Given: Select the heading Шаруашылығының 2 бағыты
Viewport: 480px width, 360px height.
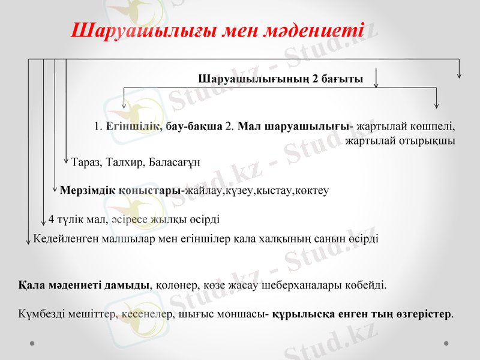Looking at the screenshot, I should [280, 79].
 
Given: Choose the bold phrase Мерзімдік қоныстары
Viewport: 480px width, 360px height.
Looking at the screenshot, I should [122, 190].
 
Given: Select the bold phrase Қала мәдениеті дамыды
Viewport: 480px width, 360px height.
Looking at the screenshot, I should [84, 284].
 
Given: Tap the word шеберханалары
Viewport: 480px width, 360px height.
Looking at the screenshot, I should [310, 284].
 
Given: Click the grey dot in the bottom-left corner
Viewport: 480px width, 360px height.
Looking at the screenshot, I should [32, 343].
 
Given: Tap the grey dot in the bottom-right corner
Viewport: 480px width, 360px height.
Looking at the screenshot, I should [446, 343].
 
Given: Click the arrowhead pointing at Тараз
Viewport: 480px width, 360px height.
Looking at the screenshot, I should [66, 161].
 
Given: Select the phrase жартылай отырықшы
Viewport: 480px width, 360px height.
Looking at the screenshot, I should [400, 141].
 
